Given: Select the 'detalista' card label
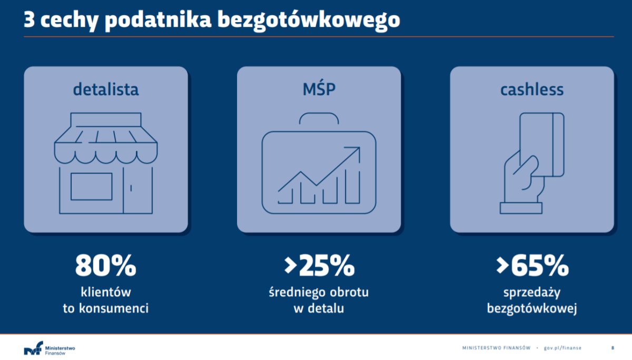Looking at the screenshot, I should (x=106, y=89).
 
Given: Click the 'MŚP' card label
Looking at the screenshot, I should (x=319, y=89).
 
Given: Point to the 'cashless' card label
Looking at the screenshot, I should (x=532, y=89).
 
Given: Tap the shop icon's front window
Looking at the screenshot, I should (x=92, y=186).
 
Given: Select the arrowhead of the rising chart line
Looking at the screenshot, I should (x=354, y=152).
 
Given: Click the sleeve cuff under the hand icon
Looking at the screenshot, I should (x=521, y=208).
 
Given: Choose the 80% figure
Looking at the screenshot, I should (x=105, y=266).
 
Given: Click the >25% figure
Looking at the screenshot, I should (x=319, y=266).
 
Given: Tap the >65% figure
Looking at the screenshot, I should (x=532, y=266).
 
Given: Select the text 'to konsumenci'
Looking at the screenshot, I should (x=105, y=308).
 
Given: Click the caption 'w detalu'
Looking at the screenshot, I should (x=319, y=308).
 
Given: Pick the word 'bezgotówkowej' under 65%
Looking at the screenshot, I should (x=532, y=308).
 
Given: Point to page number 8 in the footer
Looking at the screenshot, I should (x=613, y=348).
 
